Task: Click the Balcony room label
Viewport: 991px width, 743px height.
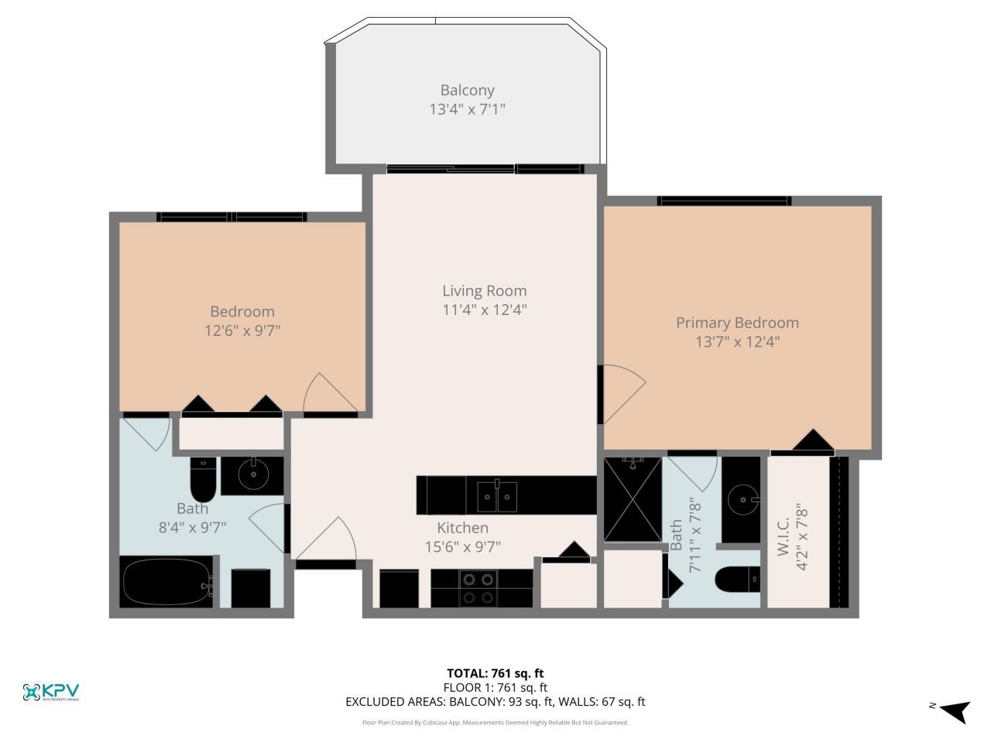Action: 467,91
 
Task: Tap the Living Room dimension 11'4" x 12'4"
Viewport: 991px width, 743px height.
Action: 484,310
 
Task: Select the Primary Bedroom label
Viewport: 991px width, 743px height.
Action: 737,323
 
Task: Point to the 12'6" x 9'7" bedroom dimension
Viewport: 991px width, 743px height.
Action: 242,330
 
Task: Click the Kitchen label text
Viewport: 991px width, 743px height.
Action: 462,528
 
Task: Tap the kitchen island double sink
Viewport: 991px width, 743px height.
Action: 497,495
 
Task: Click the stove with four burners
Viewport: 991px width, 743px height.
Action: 478,588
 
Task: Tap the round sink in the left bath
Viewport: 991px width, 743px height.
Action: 252,474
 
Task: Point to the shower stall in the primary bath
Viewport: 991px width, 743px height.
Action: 633,499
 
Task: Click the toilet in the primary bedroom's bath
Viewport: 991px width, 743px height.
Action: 736,580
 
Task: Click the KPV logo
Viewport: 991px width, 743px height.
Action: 51,692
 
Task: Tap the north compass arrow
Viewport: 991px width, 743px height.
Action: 953,710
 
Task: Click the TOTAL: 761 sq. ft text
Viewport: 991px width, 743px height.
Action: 495,673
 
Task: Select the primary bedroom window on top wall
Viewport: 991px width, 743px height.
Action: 724,201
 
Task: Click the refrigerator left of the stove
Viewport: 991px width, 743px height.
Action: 399,588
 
